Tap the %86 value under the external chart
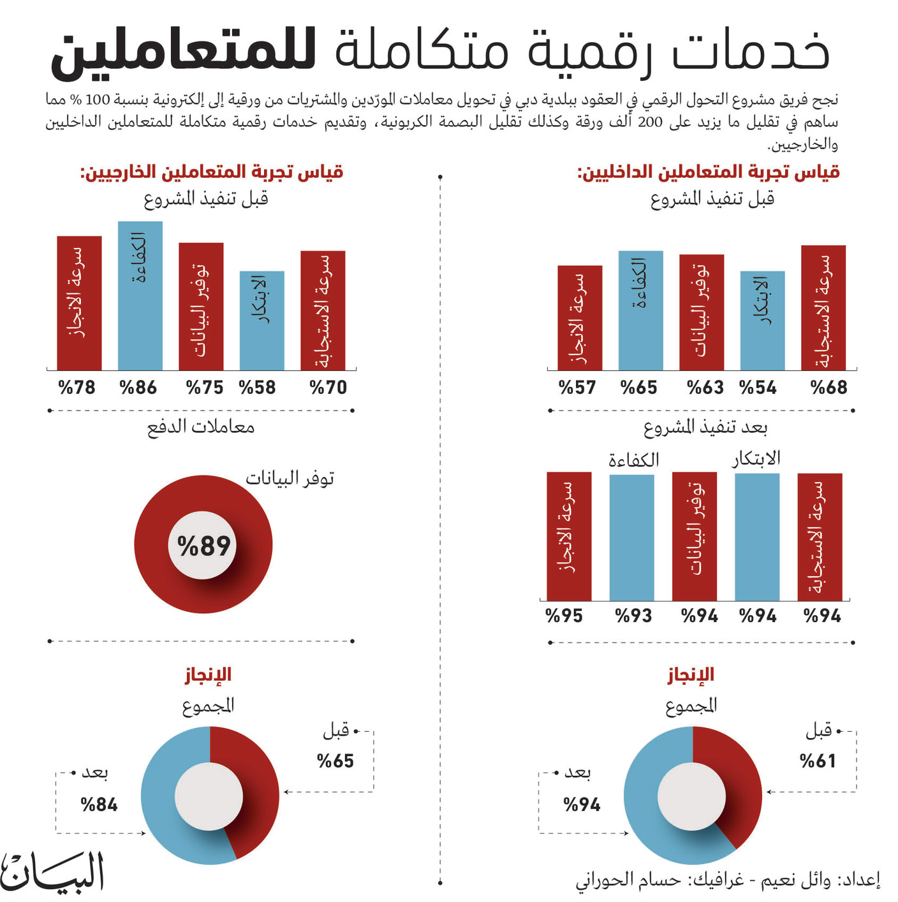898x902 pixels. tap(138, 387)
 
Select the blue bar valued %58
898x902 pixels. tap(261, 321)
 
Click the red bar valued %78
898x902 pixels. tap(79, 303)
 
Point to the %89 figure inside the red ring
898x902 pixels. tap(203, 546)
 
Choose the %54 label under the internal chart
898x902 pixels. tap(758, 387)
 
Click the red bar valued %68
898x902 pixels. tap(823, 307)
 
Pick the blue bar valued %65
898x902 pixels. tap(640, 310)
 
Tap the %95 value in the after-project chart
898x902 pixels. tap(564, 616)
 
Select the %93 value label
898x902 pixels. tap(633, 616)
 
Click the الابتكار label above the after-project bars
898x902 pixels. tap(756, 458)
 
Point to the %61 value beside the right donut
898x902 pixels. tap(818, 760)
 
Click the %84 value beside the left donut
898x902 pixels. tap(99, 804)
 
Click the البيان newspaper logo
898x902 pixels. tap(52, 873)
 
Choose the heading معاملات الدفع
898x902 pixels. tap(201, 426)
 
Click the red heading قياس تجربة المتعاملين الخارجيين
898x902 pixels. tap(212, 172)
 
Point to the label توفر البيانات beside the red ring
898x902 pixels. tap(290, 478)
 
